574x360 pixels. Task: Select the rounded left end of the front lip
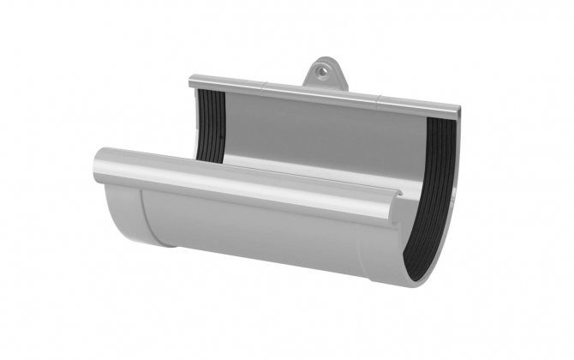pos(99,162)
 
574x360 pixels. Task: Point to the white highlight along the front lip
pos(240,176)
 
